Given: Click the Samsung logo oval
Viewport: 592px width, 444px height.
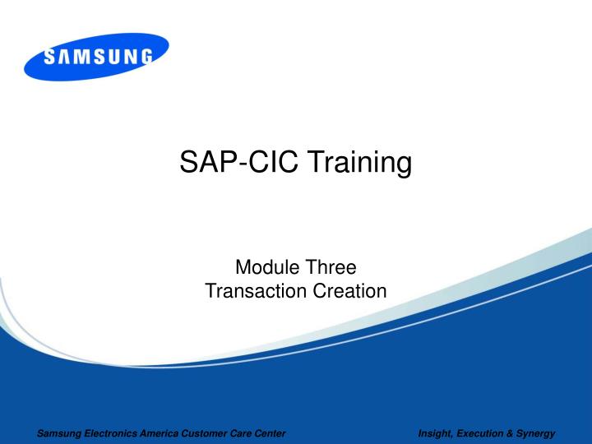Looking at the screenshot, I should pyautogui.click(x=96, y=57).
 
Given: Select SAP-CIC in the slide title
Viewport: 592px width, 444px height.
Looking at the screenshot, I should pyautogui.click(x=238, y=164).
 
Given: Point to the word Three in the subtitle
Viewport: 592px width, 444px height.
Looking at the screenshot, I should pyautogui.click(x=326, y=267).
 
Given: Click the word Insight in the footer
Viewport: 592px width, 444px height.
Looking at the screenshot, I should pyautogui.click(x=435, y=433).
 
